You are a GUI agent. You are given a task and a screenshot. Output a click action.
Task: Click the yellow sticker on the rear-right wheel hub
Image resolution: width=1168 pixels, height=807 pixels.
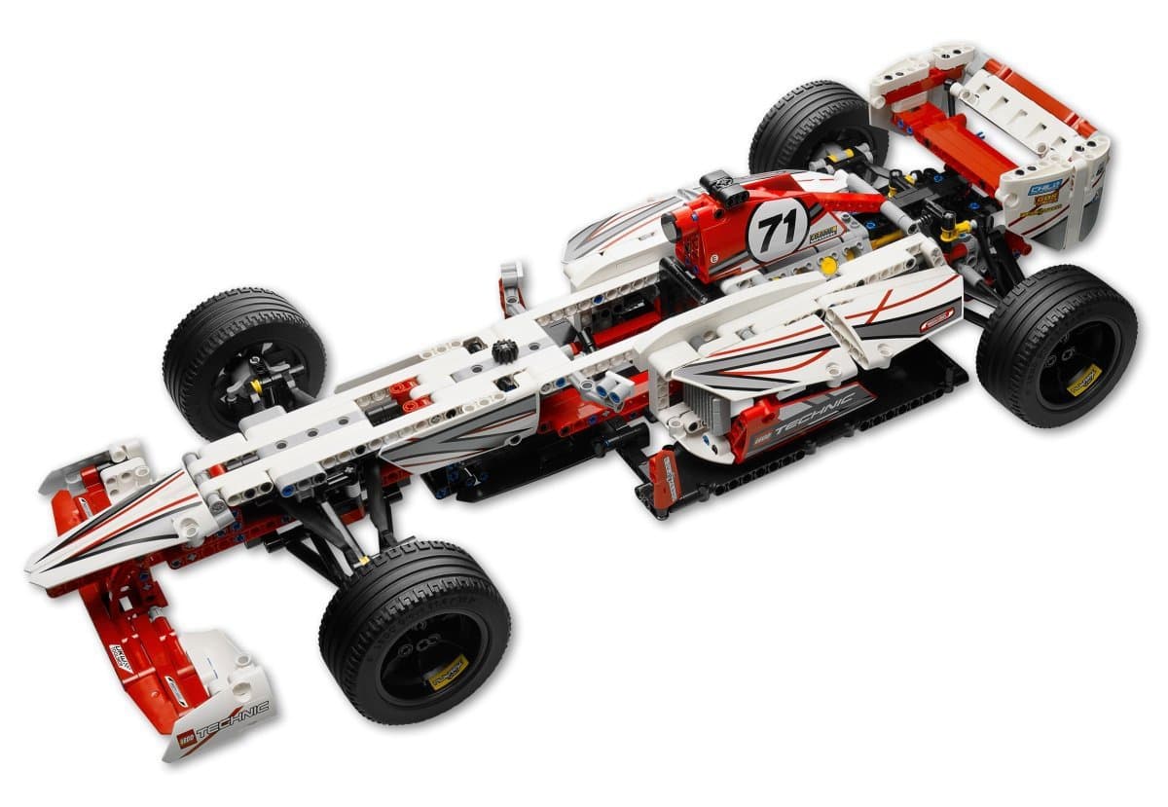point(1083,380)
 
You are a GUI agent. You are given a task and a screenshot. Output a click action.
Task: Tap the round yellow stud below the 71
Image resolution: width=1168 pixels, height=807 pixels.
point(827,265)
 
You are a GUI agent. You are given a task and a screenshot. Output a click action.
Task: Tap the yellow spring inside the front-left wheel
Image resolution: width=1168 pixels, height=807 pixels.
point(257,385)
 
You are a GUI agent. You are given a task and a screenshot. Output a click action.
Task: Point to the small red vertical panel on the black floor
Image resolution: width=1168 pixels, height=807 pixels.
point(663,477)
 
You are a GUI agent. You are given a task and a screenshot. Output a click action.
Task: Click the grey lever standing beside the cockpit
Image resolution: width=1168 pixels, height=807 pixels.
point(511,287)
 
